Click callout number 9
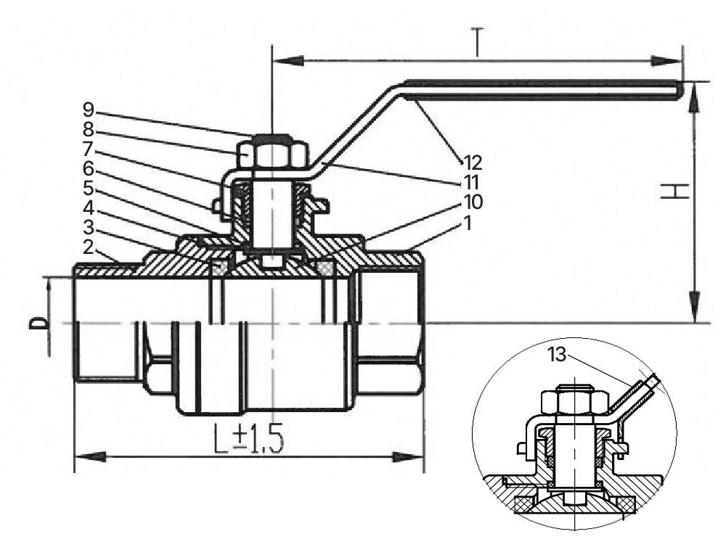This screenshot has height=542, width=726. pos(89,110)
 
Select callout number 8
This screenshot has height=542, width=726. pos(89,129)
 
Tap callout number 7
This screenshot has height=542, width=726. pos(89,149)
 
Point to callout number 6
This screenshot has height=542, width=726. pos(89,168)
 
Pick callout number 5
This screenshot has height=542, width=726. pos(89,189)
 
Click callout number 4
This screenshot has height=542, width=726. pos(89,208)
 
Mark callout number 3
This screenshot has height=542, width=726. pos(89,228)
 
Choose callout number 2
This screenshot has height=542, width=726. pos(89,247)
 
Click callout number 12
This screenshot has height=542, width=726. pos(473,163)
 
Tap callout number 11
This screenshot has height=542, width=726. pos(471,182)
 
